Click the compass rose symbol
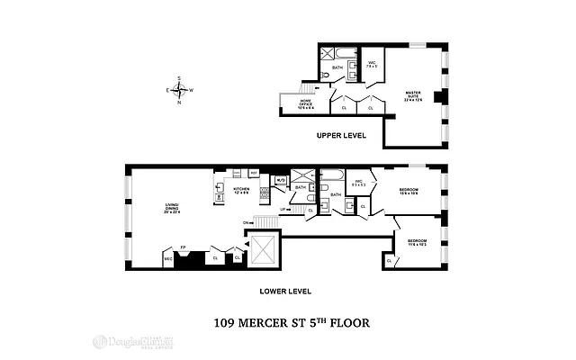pos(180,90)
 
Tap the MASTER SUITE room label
pos(413,94)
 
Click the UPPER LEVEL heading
pos(343,136)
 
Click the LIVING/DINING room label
pos(172,210)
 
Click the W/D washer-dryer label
pos(280,179)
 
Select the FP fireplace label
pos(184,247)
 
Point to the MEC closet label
pos(168,259)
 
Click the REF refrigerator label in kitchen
pos(254,172)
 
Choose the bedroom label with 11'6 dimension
pos(417,243)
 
